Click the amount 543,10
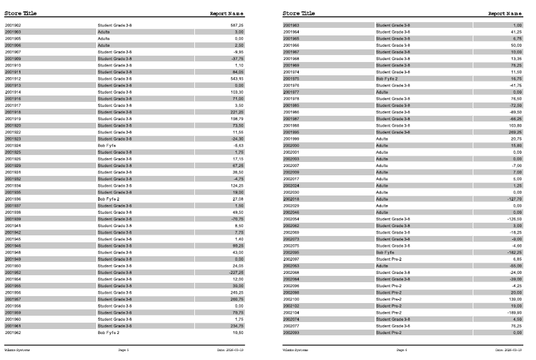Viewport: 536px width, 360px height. coord(237,78)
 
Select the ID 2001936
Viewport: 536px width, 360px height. coord(13,199)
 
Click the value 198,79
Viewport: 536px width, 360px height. coord(237,118)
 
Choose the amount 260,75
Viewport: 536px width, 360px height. coord(237,299)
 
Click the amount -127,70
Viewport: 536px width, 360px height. coord(514,199)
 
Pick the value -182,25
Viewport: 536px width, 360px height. coord(514,252)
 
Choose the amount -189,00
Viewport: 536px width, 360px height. coord(514,313)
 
